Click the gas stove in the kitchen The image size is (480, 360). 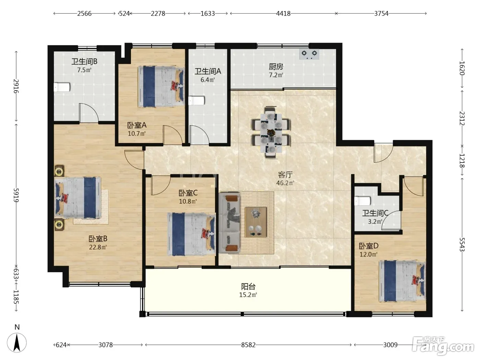point(309,54)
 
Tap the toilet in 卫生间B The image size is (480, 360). point(62,87)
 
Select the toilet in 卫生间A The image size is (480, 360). point(196,100)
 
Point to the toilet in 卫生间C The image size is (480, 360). point(362,201)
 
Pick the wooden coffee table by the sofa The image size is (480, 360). point(256,222)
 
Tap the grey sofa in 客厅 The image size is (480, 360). point(229,223)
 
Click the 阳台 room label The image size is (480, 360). point(248,286)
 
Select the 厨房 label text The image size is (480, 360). point(276,67)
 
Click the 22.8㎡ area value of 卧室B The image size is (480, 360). point(98,247)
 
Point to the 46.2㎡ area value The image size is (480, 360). point(285,183)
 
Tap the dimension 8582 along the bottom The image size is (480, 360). point(248,345)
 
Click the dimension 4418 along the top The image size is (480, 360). point(283,14)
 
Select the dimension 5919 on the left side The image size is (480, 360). point(16,195)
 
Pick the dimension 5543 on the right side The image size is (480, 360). point(462,244)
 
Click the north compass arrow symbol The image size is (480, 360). point(17,343)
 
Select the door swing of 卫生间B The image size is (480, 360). point(88,113)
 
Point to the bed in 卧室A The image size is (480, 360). point(161,86)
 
